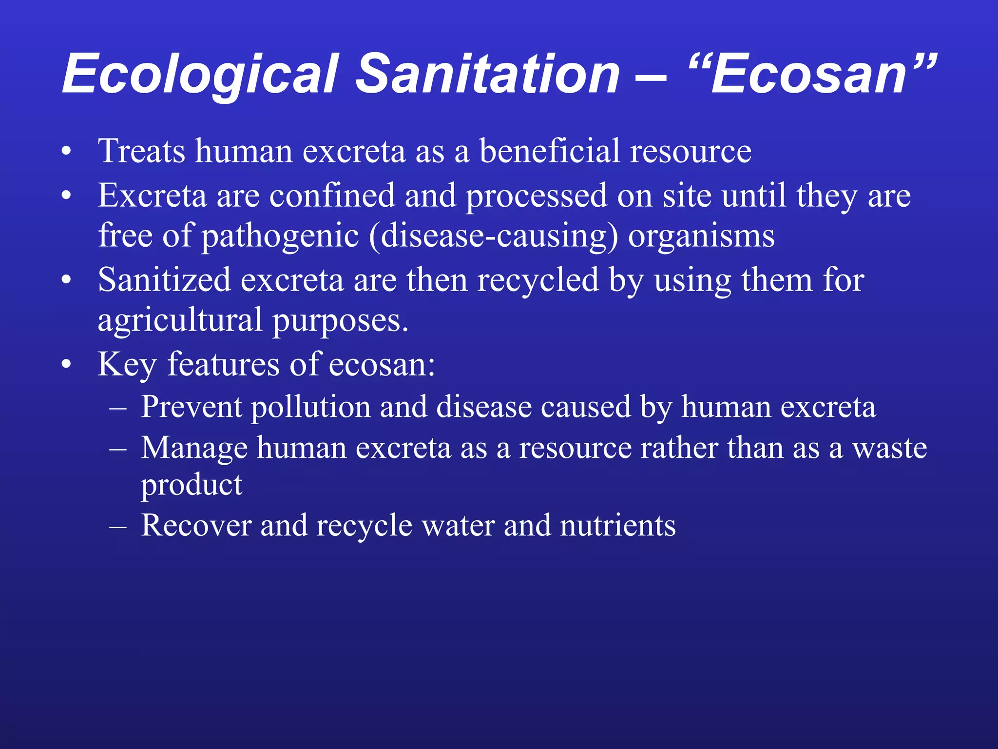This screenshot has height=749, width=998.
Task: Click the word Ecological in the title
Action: click(200, 74)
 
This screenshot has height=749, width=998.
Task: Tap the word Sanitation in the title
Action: click(488, 74)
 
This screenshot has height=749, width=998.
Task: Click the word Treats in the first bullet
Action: click(141, 151)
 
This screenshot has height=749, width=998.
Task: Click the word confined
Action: click(332, 196)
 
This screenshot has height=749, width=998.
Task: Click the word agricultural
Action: click(180, 321)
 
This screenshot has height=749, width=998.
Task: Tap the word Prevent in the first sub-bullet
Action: click(191, 407)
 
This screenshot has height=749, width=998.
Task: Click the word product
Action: click(192, 485)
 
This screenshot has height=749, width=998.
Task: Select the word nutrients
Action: click(617, 526)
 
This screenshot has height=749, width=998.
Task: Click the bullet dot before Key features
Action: click(67, 365)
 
